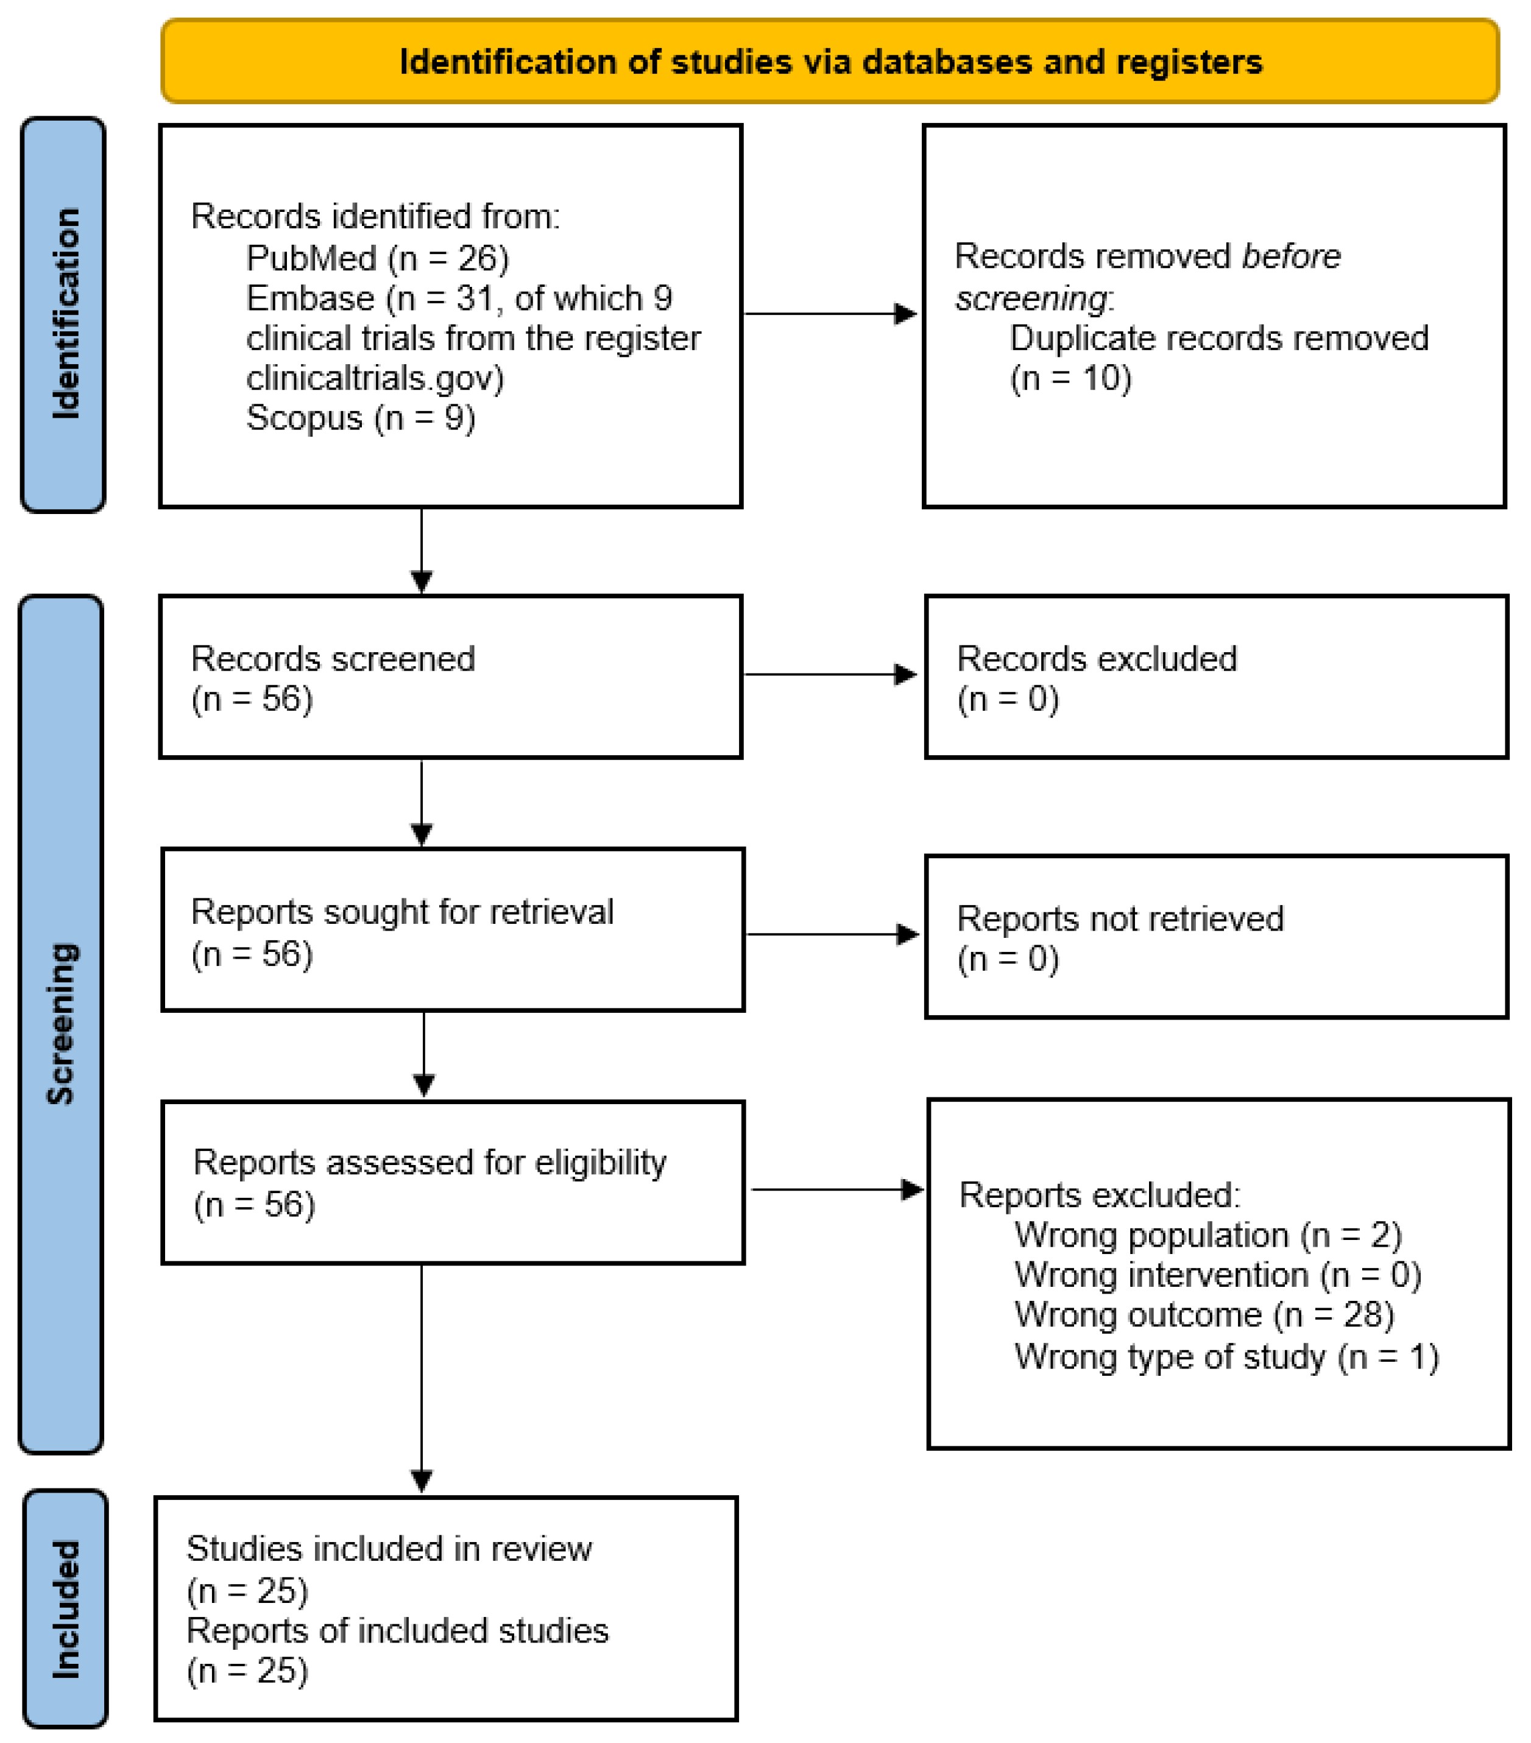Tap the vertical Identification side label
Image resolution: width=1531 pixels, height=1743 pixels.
click(65, 314)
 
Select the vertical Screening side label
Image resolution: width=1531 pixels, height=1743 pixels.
click(62, 1023)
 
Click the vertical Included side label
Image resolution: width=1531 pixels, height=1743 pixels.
click(66, 1609)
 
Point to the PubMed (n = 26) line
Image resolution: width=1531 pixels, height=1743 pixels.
click(377, 258)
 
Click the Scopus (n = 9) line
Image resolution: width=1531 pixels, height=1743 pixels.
click(360, 418)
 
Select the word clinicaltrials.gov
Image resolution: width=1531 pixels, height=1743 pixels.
click(375, 378)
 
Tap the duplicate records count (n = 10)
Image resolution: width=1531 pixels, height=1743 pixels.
click(1070, 378)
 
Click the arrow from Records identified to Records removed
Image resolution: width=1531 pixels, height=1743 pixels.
click(830, 314)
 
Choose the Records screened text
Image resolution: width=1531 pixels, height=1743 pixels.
click(333, 659)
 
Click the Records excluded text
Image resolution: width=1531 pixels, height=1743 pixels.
click(1096, 659)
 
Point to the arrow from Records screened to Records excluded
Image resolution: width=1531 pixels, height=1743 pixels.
click(830, 675)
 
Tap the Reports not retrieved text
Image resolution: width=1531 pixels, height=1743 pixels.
click(1119, 919)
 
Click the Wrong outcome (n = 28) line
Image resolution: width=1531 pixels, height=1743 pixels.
click(1203, 1315)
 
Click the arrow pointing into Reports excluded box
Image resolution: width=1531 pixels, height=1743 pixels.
click(836, 1189)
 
